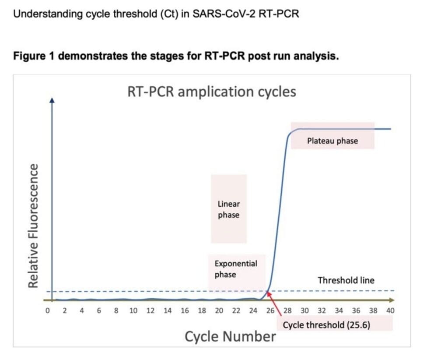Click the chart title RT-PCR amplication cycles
click(x=211, y=92)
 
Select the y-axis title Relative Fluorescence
click(x=33, y=226)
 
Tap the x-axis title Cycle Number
click(x=230, y=336)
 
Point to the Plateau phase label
click(x=332, y=141)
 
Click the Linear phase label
click(x=228, y=209)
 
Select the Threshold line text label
click(x=346, y=280)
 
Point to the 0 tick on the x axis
click(x=47, y=311)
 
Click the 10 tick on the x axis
click(x=133, y=311)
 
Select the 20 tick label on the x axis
click(x=219, y=311)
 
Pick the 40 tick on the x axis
click(x=390, y=311)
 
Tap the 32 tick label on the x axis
click(x=322, y=311)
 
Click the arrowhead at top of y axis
click(x=52, y=100)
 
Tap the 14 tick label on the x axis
click(x=168, y=311)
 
